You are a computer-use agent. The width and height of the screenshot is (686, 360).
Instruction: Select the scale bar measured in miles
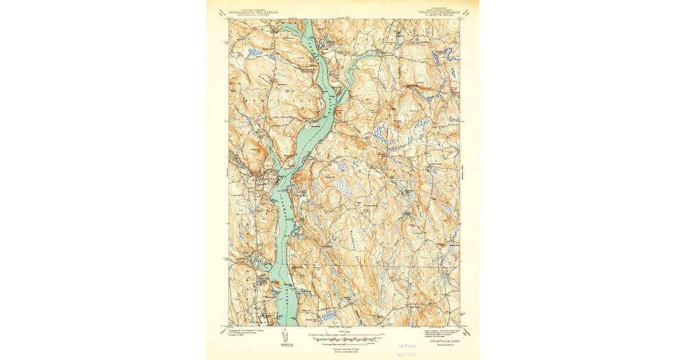pyautogui.click(x=343, y=335)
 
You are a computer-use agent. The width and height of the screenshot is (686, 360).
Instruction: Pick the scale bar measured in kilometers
pyautogui.click(x=343, y=343)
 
